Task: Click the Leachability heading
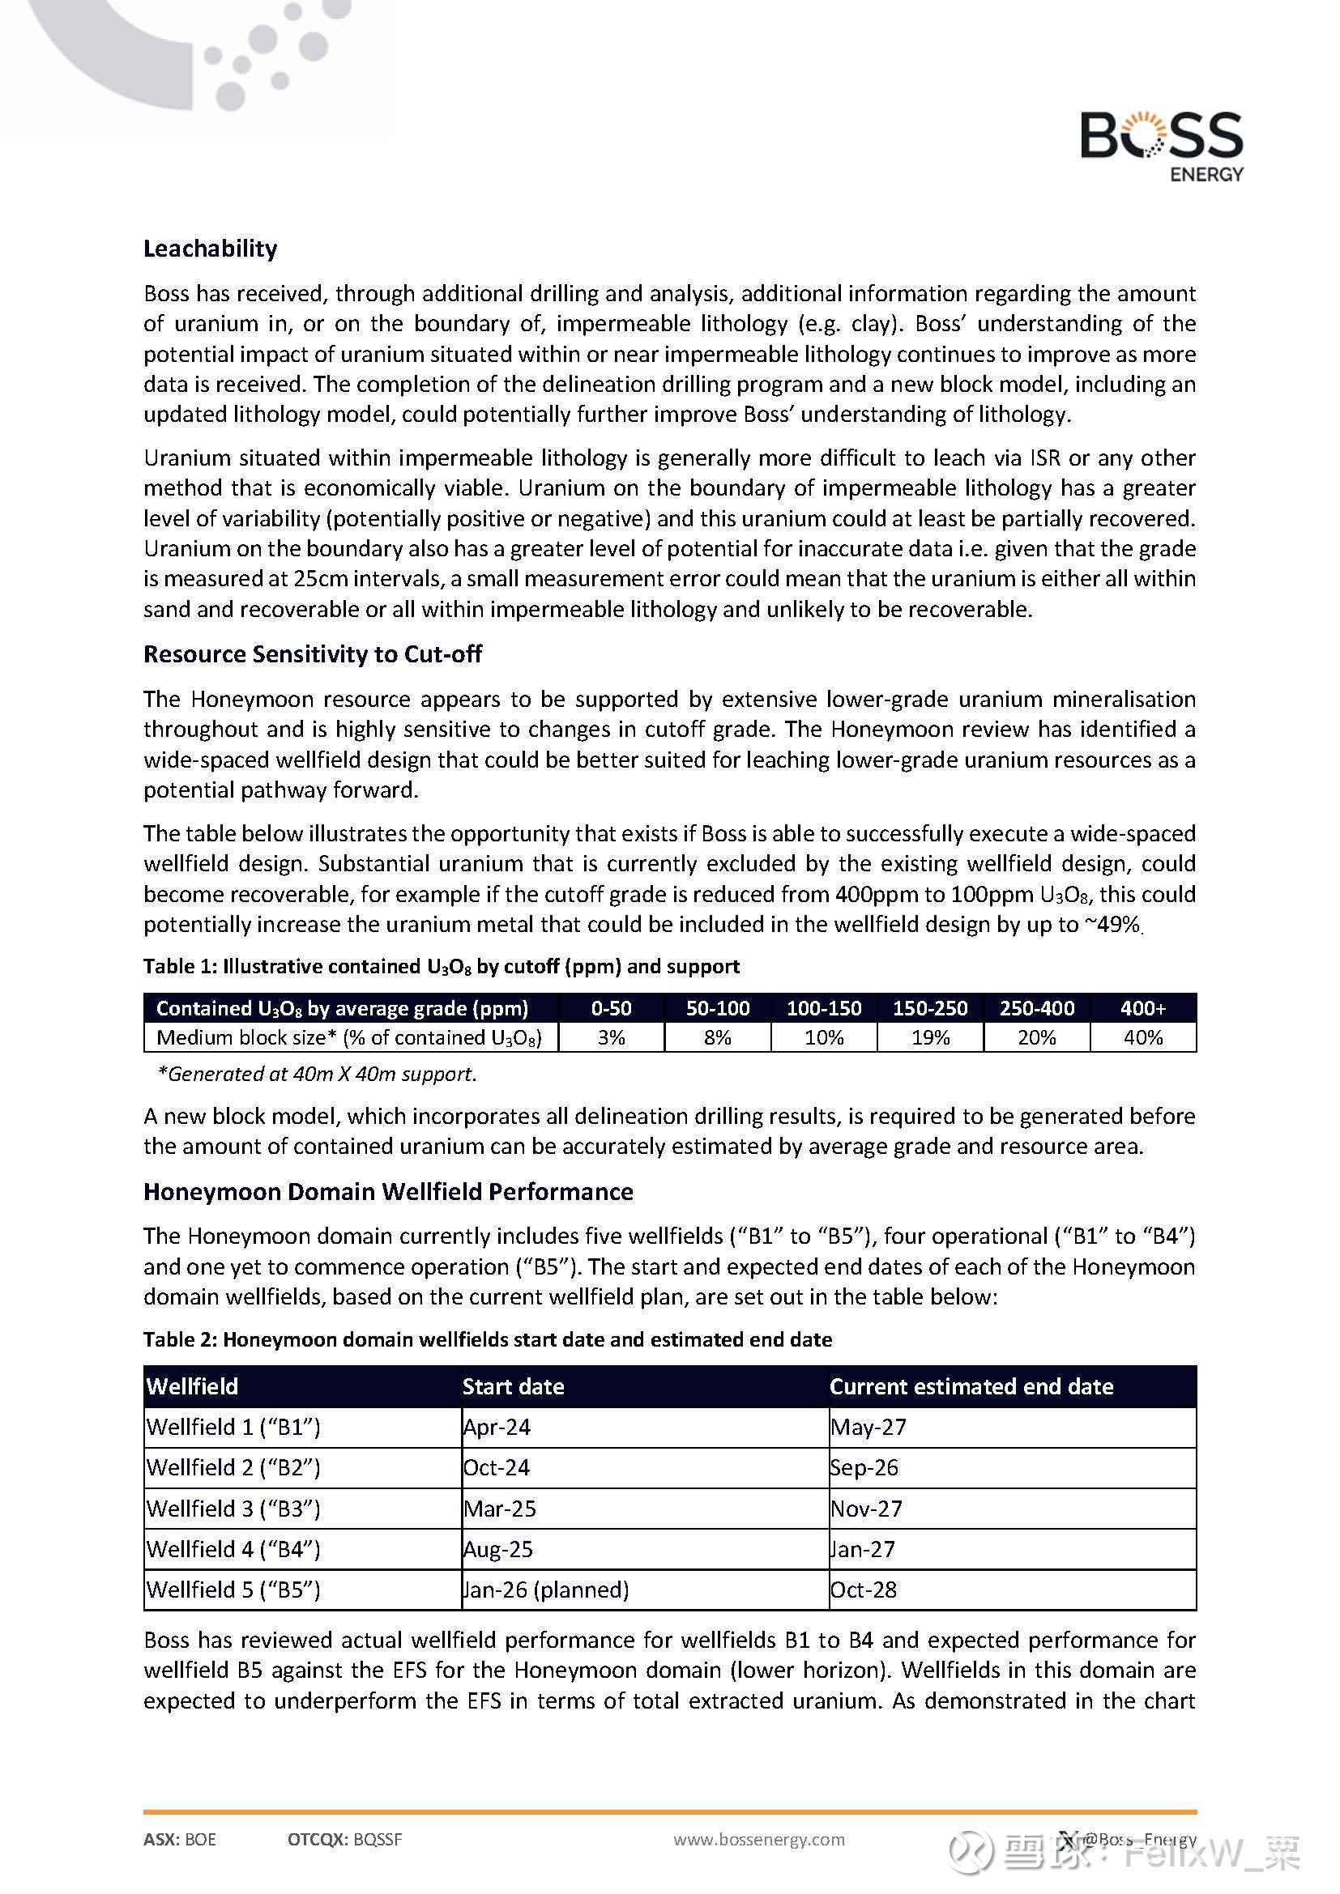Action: click(x=211, y=249)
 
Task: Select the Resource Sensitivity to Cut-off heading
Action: click(x=313, y=654)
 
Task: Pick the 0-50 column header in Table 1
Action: click(x=611, y=1008)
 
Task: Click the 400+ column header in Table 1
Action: click(x=1143, y=1008)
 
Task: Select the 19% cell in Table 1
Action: click(x=930, y=1038)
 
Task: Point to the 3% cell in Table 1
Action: click(x=611, y=1038)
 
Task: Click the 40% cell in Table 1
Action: click(x=1143, y=1038)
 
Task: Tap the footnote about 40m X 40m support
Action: click(x=317, y=1074)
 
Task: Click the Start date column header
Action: click(x=513, y=1385)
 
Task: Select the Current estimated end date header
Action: click(x=971, y=1385)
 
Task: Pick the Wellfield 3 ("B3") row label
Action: click(x=233, y=1509)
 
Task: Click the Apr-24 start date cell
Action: click(x=497, y=1427)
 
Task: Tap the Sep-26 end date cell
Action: click(x=864, y=1467)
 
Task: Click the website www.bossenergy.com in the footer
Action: click(x=759, y=1840)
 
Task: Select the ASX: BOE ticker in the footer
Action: click(x=180, y=1840)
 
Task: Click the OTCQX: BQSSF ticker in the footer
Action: click(x=345, y=1840)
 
